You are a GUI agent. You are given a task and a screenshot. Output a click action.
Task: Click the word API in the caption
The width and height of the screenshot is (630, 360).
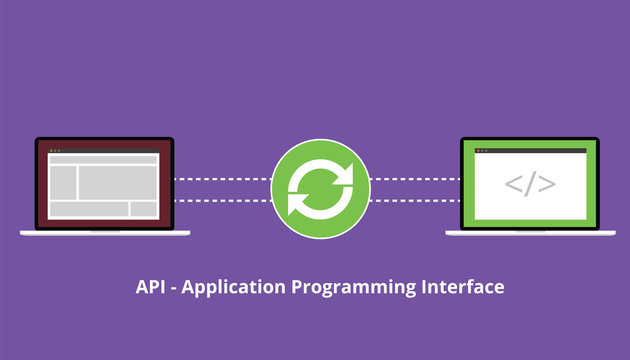[149, 288]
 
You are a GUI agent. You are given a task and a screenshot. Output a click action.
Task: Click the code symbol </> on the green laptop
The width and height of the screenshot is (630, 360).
[529, 185]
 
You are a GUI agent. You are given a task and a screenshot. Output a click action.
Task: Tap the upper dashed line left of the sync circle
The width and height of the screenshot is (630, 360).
[222, 180]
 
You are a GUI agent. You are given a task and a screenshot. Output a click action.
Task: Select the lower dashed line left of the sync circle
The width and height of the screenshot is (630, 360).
[222, 200]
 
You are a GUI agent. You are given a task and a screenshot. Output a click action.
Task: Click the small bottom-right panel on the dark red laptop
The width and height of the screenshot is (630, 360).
[143, 209]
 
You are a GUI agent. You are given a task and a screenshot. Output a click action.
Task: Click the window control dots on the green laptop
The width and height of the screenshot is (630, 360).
[474, 147]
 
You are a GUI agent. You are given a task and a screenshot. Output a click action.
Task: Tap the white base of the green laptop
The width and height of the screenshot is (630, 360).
[529, 233]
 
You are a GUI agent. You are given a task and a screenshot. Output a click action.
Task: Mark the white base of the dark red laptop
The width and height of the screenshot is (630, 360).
[104, 232]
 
